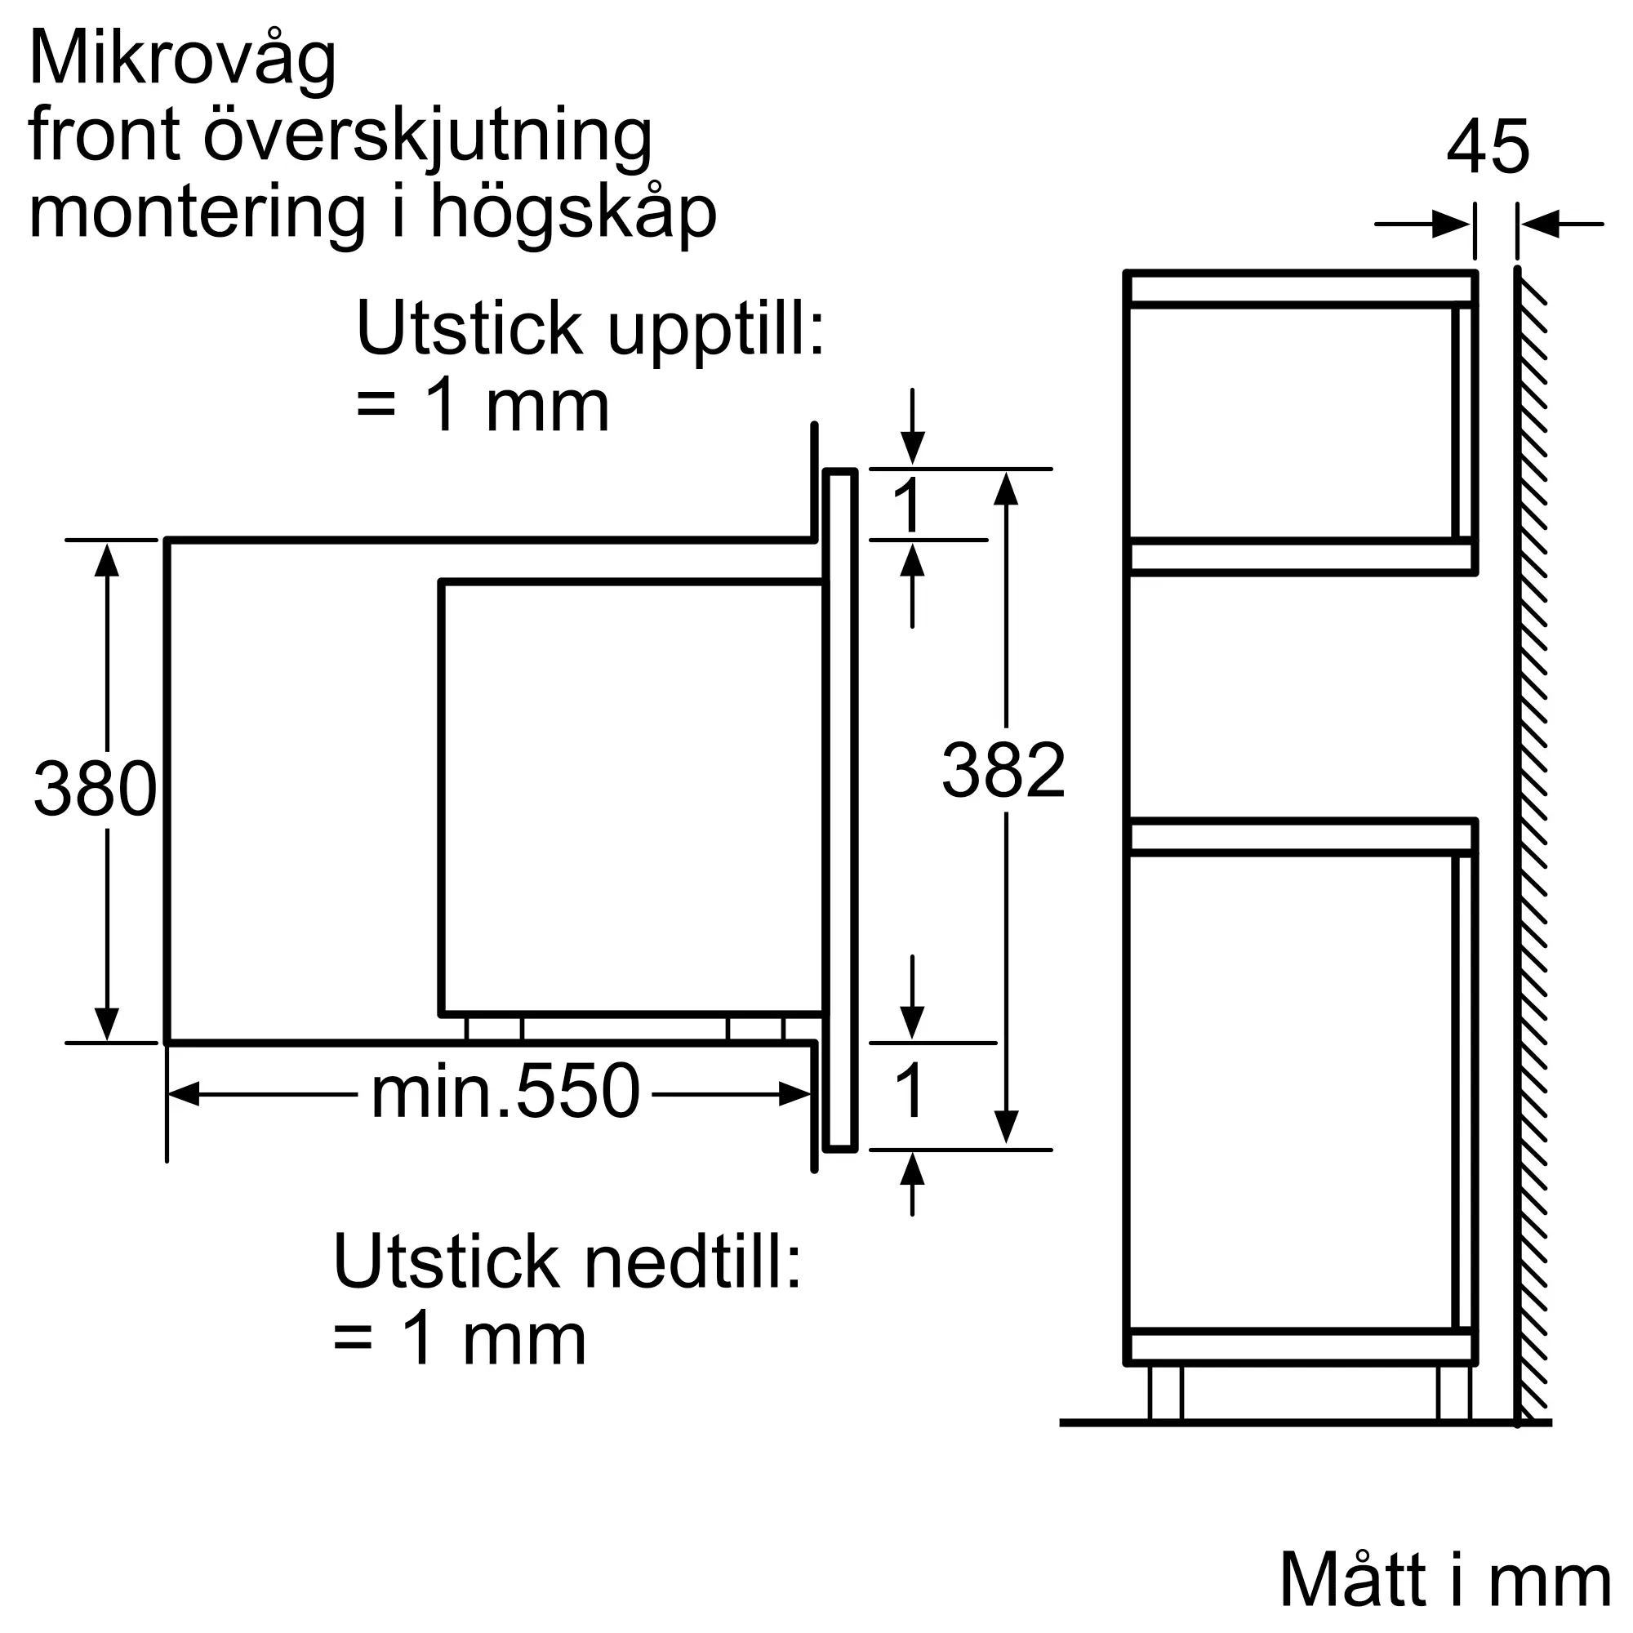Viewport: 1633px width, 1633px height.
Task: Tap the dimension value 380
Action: click(x=95, y=789)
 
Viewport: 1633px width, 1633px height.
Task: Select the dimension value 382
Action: click(x=1003, y=770)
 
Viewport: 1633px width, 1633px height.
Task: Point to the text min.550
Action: click(x=505, y=1093)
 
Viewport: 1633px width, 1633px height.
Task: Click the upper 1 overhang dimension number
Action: click(x=908, y=505)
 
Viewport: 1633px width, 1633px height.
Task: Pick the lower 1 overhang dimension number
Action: click(x=910, y=1091)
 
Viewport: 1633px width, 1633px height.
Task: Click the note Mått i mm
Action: click(x=1445, y=1580)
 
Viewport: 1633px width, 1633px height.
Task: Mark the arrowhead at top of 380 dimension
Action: click(x=106, y=559)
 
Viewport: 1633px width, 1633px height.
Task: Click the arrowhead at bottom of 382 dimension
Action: click(x=1006, y=1127)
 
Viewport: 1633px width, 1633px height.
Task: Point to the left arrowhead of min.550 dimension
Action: click(x=185, y=1094)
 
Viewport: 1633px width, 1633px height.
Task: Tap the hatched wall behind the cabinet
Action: click(x=1532, y=845)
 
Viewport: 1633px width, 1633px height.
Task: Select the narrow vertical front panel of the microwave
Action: click(x=840, y=810)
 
